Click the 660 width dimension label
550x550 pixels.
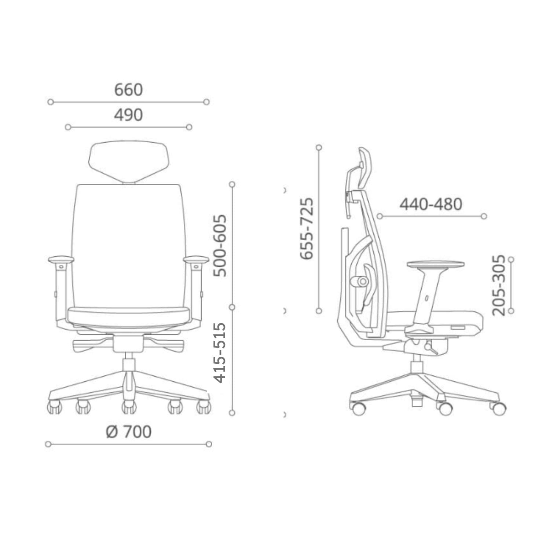pyautogui.click(x=128, y=90)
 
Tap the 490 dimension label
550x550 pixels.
pyautogui.click(x=128, y=115)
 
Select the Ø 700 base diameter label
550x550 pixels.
pyautogui.click(x=129, y=432)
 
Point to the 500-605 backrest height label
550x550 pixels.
pyautogui.click(x=220, y=246)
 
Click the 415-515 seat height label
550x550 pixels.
pyautogui.click(x=220, y=353)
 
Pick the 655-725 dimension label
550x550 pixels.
pyautogui.click(x=307, y=228)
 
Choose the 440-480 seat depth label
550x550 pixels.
pyautogui.click(x=431, y=204)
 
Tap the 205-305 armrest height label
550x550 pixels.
pyautogui.click(x=499, y=285)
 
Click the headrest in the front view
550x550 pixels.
pyautogui.click(x=129, y=162)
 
